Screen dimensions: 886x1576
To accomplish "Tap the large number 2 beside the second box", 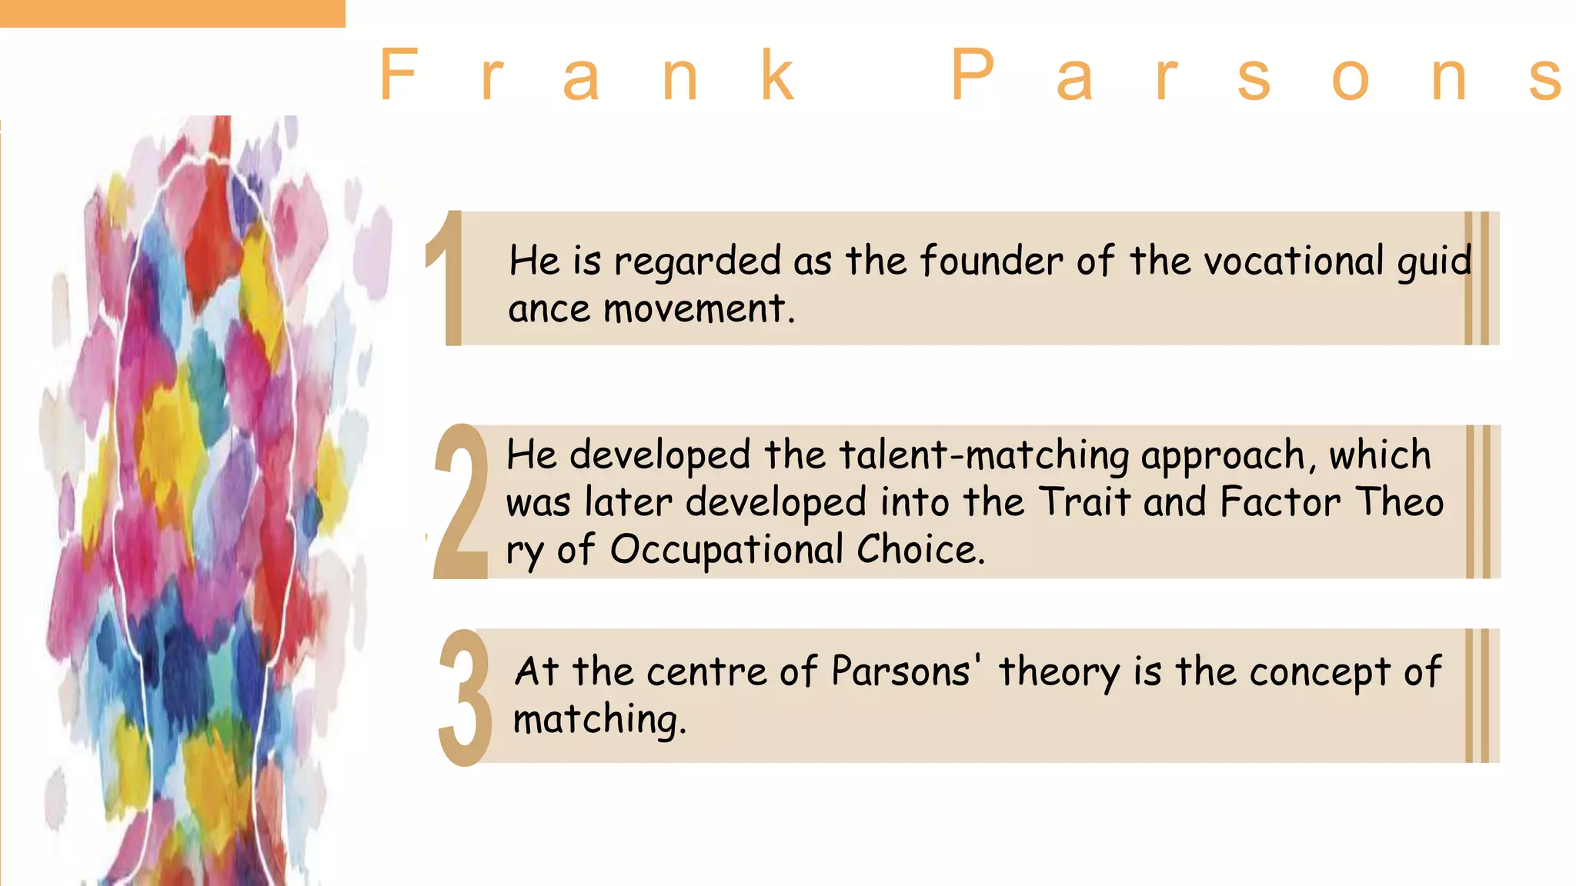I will pos(461,501).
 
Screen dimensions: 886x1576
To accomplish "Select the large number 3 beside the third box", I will pos(465,697).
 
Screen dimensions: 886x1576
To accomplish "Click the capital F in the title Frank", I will pos(399,75).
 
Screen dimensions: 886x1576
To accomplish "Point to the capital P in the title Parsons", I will pos(973,75).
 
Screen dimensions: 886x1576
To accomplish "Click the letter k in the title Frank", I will pos(777,75).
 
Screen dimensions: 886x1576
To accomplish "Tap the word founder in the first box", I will pos(991,261).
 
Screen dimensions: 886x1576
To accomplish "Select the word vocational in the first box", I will pos(1294,261).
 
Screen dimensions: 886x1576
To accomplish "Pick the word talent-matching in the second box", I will pos(984,455).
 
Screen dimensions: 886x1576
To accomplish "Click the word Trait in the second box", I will pos(1085,502).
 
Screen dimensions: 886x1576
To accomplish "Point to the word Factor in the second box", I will pos(1280,502).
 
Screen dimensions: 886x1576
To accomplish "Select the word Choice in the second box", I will pos(920,550).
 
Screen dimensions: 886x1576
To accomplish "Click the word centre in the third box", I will pos(706,671).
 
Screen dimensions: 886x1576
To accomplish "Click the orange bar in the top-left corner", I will pos(172,13).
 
